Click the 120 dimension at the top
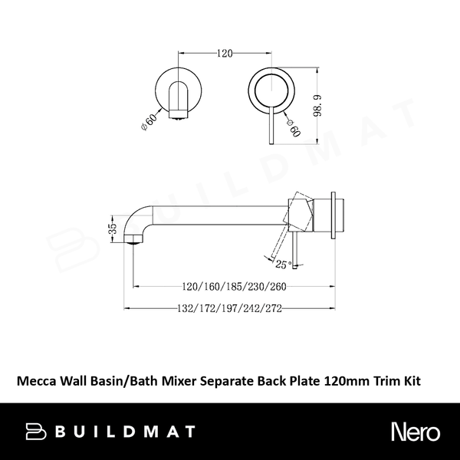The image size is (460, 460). [x=224, y=54]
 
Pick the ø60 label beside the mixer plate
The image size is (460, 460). [x=292, y=126]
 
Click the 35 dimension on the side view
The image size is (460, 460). [x=112, y=230]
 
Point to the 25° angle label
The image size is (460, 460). [x=284, y=265]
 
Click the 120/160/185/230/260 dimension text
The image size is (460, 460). [x=225, y=287]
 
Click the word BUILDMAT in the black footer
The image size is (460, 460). [x=125, y=431]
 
